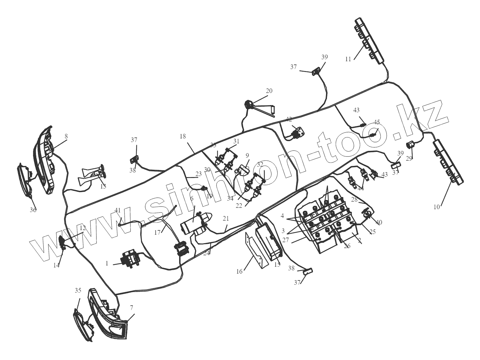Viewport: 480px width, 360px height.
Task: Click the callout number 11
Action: (348, 59)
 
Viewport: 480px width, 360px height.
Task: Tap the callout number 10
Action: (437, 207)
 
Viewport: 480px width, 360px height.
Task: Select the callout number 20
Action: (269, 91)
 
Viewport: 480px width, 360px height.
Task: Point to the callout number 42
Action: (289, 119)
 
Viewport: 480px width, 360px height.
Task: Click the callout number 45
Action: (377, 122)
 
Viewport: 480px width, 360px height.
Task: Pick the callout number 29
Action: (409, 158)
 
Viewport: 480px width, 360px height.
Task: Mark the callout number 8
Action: (66, 136)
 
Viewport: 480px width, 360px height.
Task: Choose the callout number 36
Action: (33, 210)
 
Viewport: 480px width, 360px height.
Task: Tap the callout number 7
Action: (131, 308)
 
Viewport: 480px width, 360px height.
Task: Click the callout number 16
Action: (239, 271)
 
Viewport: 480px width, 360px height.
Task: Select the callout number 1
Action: (107, 263)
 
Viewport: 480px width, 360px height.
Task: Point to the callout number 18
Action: (182, 136)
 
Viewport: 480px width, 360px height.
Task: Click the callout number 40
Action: (379, 222)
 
